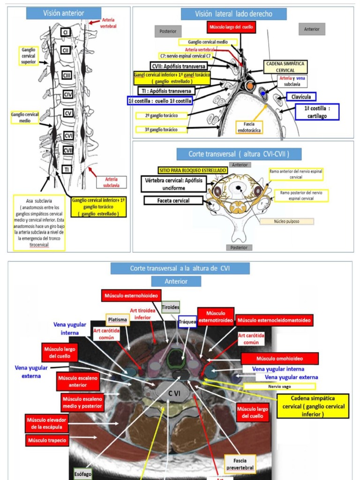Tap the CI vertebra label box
pos(66,32)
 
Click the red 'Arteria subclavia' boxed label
pos(111,182)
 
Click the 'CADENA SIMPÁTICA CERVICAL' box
pos(285,66)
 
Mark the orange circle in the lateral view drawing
pos(250,86)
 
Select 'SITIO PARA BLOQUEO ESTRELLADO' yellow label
pos(192,170)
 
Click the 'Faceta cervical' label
pos(173,201)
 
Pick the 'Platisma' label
pos(118,320)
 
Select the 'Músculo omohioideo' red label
pos(280,359)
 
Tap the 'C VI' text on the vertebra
pos(174,394)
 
